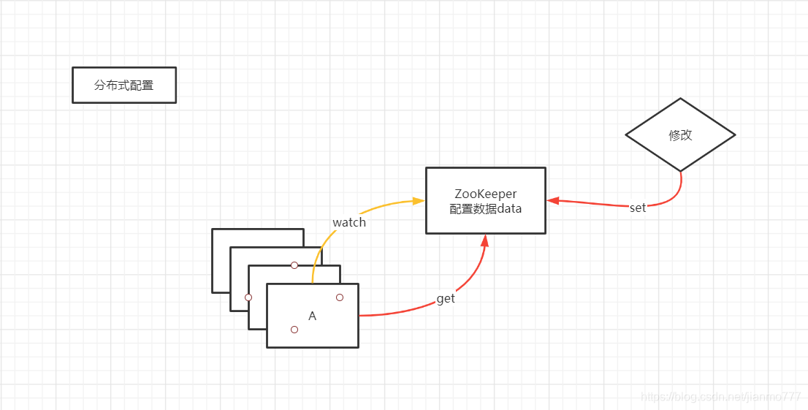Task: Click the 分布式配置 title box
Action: coord(124,86)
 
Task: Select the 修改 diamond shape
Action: coord(680,135)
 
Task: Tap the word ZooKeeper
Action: coord(486,194)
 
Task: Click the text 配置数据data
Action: coord(486,209)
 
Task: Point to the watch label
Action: coord(349,222)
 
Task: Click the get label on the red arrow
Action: coord(446,299)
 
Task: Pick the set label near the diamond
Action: coord(638,208)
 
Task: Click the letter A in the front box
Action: coord(313,316)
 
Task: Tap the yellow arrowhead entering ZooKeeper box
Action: coord(419,200)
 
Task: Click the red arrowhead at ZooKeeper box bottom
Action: coord(485,241)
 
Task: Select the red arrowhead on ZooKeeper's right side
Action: coord(553,200)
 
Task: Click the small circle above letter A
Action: coord(340,297)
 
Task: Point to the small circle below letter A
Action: coord(294,330)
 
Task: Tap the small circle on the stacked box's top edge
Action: coord(294,265)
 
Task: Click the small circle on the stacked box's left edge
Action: coord(248,297)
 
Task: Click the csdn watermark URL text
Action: coord(720,396)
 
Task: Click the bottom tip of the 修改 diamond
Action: coord(681,171)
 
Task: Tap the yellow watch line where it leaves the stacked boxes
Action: coord(313,281)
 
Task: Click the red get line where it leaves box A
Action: coord(361,316)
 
